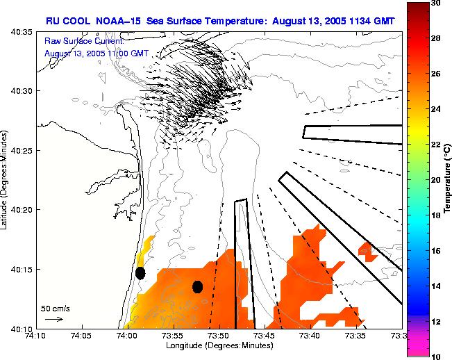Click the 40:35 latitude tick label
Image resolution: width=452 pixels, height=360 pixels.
click(23, 32)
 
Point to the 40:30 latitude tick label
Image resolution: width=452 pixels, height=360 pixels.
click(23, 91)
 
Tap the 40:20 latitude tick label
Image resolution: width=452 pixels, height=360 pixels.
click(23, 209)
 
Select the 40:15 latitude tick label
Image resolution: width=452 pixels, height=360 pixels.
click(23, 269)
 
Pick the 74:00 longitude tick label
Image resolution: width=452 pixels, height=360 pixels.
click(126, 336)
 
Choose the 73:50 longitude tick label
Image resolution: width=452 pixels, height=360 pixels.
click(219, 336)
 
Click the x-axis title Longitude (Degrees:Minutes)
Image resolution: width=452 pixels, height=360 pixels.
click(218, 345)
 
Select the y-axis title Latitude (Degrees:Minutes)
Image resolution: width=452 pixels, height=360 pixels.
click(6, 179)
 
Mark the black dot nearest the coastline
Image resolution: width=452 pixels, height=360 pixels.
click(140, 273)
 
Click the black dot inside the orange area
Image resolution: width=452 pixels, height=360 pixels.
click(197, 286)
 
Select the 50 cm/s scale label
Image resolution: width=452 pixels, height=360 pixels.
click(55, 308)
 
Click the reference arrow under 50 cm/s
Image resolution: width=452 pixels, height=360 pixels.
click(54, 319)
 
